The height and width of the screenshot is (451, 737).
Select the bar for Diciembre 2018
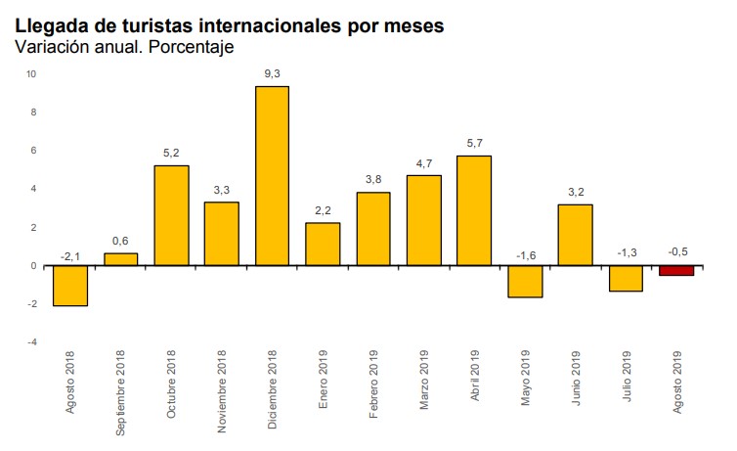[x=272, y=176]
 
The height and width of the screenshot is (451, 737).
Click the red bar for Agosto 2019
[x=675, y=271]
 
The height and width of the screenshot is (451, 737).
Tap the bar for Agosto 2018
[x=70, y=286]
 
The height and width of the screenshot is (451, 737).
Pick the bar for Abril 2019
[x=473, y=210]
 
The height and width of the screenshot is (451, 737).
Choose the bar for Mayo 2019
[x=524, y=281]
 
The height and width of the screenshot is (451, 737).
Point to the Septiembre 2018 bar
[x=121, y=259]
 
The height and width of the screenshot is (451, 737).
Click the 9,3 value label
[x=272, y=72]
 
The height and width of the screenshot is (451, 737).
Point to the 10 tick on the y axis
[x=31, y=73]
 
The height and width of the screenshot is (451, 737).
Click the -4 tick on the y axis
[x=31, y=342]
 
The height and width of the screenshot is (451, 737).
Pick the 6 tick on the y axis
[x=32, y=150]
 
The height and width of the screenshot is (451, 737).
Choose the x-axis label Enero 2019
[x=324, y=383]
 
